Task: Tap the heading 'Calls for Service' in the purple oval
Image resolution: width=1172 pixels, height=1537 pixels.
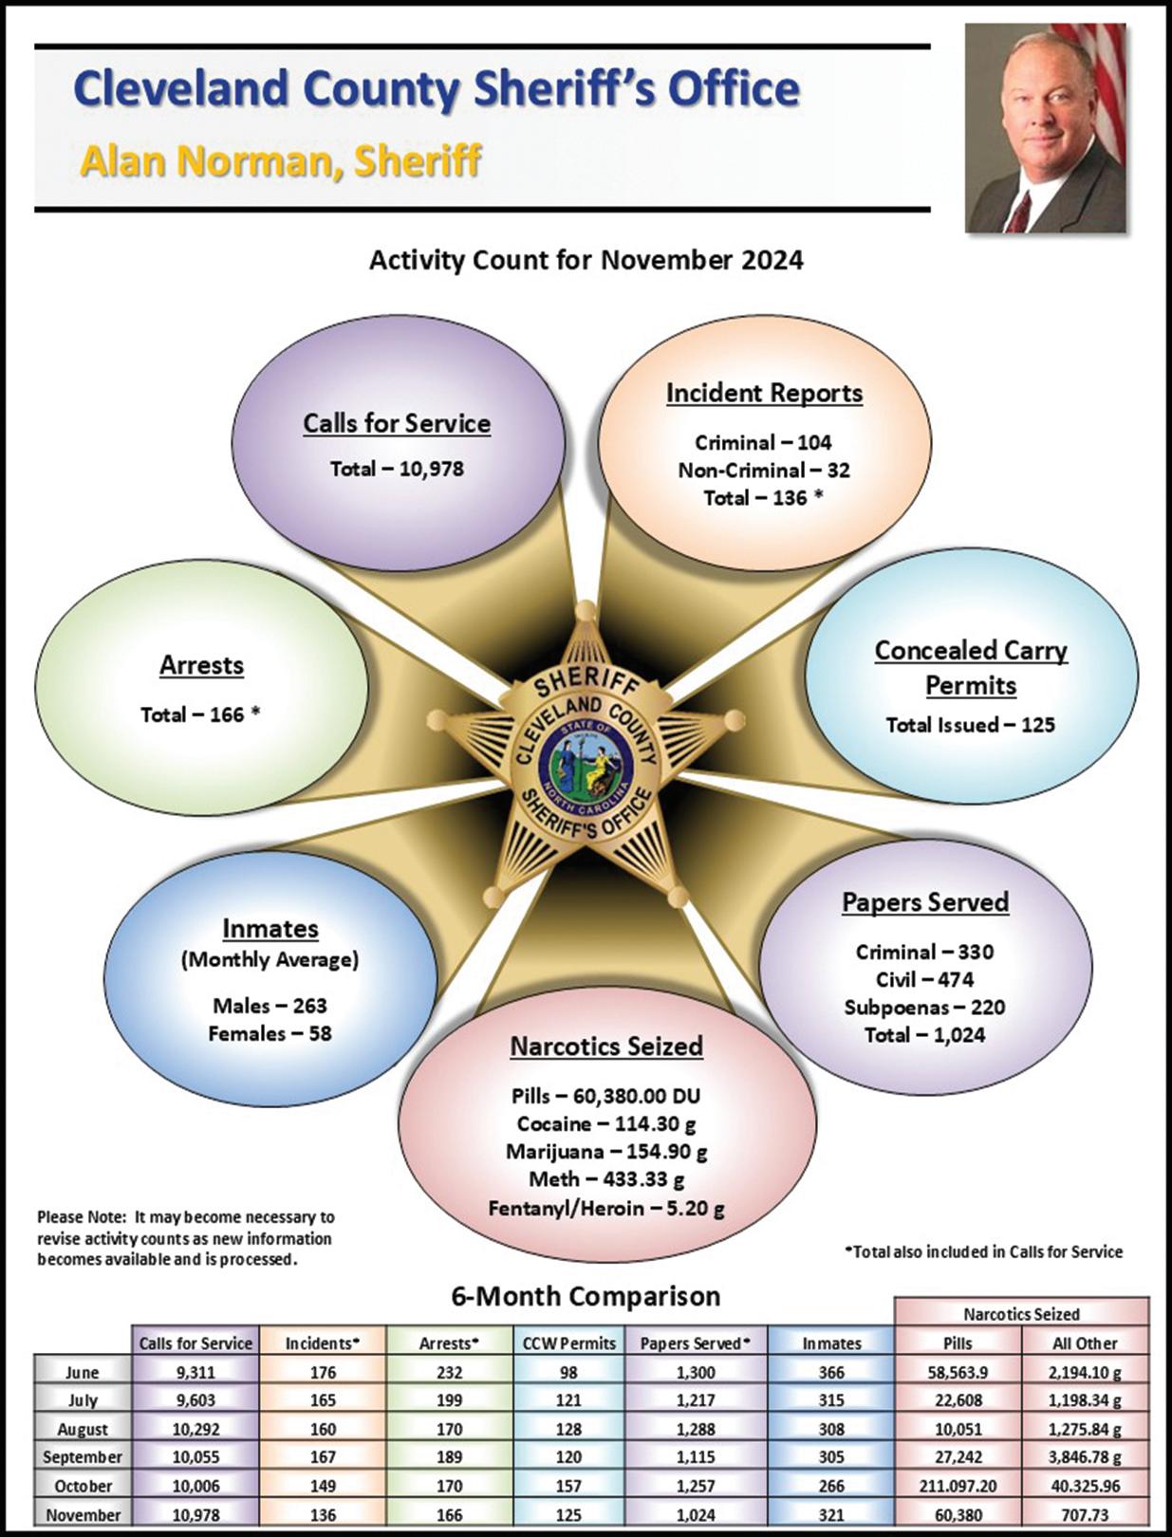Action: (397, 423)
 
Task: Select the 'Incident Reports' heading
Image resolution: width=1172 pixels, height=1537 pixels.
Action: (764, 393)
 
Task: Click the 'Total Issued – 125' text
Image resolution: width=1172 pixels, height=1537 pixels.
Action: (970, 725)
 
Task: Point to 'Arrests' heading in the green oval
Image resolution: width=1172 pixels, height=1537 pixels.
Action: (201, 665)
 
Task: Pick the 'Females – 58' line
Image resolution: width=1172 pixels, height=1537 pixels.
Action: (270, 1033)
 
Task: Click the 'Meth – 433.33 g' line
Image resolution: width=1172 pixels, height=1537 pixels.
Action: (606, 1179)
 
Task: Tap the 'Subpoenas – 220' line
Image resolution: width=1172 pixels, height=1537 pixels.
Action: (924, 1007)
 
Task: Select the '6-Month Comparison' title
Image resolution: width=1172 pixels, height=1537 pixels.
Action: (586, 1296)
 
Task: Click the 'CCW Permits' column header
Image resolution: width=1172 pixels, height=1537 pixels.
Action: (569, 1343)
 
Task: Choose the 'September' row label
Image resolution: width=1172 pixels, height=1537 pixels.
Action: (83, 1457)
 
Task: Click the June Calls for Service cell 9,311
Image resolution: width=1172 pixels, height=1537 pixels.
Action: (195, 1372)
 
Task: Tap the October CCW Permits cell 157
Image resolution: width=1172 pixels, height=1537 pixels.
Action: (569, 1486)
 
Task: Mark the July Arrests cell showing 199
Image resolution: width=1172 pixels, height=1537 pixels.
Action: (449, 1400)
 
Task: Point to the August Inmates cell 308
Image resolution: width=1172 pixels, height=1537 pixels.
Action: (831, 1429)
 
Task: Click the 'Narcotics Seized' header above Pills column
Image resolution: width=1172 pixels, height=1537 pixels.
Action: (1021, 1314)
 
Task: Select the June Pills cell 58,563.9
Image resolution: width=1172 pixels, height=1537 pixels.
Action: (958, 1372)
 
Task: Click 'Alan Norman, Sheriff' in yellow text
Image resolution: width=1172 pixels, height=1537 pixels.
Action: (281, 161)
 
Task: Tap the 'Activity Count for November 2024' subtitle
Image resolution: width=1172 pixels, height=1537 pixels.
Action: (586, 260)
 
